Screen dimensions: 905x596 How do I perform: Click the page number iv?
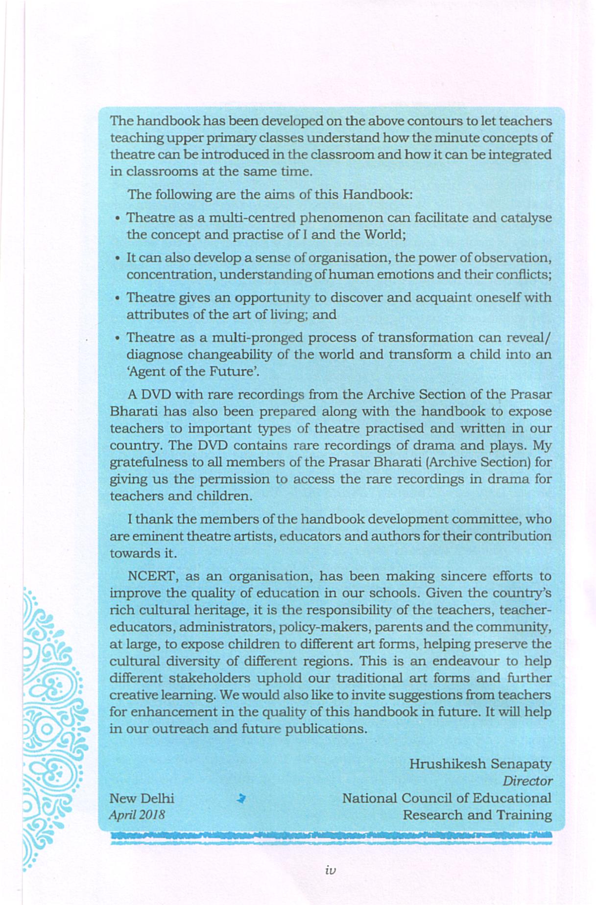330,870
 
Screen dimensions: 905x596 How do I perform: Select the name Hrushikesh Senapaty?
480,764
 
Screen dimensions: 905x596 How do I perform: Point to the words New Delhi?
142,798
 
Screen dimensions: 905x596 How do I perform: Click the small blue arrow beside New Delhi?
240,799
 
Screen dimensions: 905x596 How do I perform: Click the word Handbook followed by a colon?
377,194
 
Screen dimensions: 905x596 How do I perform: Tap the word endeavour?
464,661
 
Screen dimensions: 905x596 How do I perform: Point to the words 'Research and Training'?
477,815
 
